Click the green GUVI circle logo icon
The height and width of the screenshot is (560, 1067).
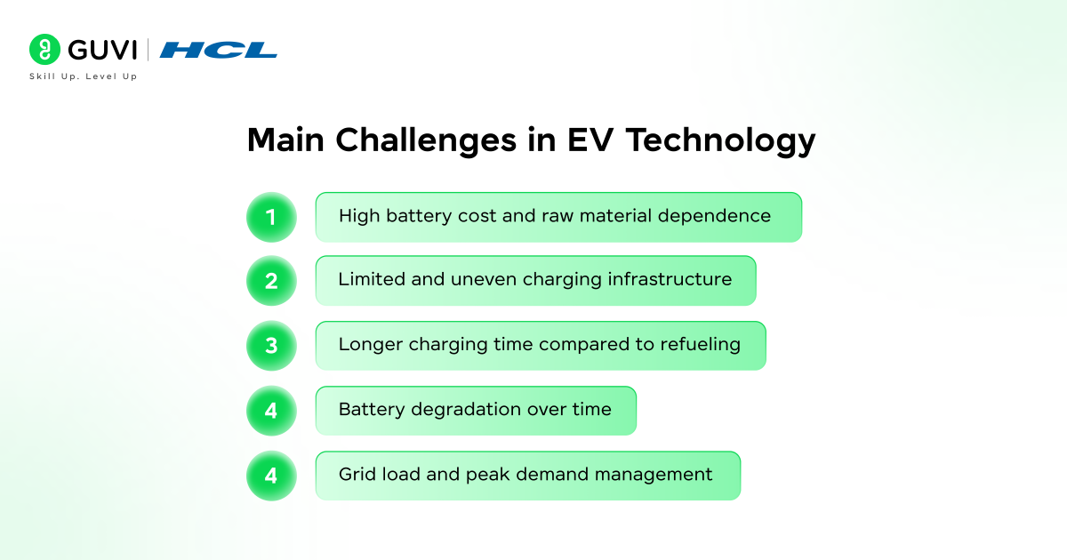pos(44,49)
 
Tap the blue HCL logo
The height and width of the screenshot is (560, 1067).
pos(218,50)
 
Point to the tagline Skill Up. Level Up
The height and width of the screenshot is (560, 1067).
pos(84,76)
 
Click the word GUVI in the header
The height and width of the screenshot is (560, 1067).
pos(102,50)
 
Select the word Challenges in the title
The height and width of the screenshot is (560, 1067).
pos(426,140)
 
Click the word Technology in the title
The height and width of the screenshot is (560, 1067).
pos(720,141)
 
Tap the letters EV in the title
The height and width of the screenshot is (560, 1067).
pos(590,140)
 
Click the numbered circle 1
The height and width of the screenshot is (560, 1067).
pos(271,217)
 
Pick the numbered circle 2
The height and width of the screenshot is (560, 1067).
pos(271,281)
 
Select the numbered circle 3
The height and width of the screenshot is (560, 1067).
pos(271,345)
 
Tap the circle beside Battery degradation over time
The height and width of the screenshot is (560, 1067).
pos(271,411)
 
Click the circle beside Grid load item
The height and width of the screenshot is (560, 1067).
pos(271,476)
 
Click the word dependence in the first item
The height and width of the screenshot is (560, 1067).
pos(714,217)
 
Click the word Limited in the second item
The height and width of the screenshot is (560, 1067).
pos(372,279)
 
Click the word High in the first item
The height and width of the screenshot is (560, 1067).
pos(359,217)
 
